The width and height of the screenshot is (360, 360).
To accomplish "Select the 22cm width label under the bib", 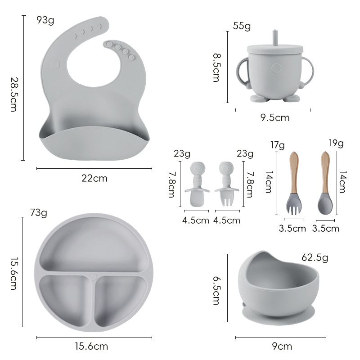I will (x=94, y=178).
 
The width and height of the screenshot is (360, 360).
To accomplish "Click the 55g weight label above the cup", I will (x=242, y=26).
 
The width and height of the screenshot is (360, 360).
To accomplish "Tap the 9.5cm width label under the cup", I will (x=275, y=118).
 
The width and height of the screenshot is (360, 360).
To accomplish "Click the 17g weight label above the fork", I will (x=277, y=145).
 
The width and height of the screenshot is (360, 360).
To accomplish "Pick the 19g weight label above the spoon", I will (x=336, y=144).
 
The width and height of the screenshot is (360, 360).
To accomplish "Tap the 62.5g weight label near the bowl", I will (x=315, y=258).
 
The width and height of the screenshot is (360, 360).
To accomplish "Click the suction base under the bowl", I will (x=279, y=315).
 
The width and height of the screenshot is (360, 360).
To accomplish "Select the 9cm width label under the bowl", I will (x=282, y=346).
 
